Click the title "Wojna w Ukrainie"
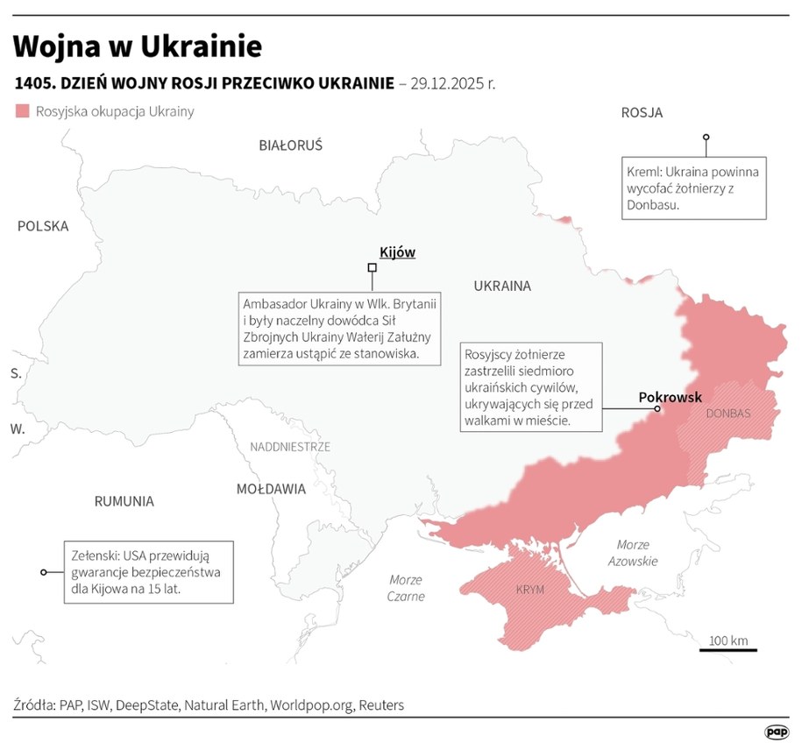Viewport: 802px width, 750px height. pos(138,46)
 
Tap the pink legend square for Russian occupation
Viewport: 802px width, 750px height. pos(22,111)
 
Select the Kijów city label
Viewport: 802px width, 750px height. pos(397,252)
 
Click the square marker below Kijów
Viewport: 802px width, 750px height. pos(372,267)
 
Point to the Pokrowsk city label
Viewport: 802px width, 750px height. pos(670,397)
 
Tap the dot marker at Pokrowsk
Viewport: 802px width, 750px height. pos(657,408)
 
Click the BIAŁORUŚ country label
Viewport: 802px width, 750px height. pos(290,145)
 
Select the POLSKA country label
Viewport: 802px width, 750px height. pos(43,226)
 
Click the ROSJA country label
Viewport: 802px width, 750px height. pos(642,112)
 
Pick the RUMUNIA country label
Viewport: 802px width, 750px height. pos(124,501)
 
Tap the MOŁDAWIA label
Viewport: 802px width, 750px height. pos(271,489)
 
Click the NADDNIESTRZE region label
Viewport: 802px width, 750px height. pos(290,447)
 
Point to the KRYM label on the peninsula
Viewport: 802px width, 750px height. pos(530,590)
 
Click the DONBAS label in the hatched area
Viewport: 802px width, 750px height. pos(727,413)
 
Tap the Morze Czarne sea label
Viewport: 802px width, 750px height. pos(405,588)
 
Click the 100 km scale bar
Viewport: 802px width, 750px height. pos(727,649)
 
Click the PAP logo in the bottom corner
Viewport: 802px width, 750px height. pos(776,731)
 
